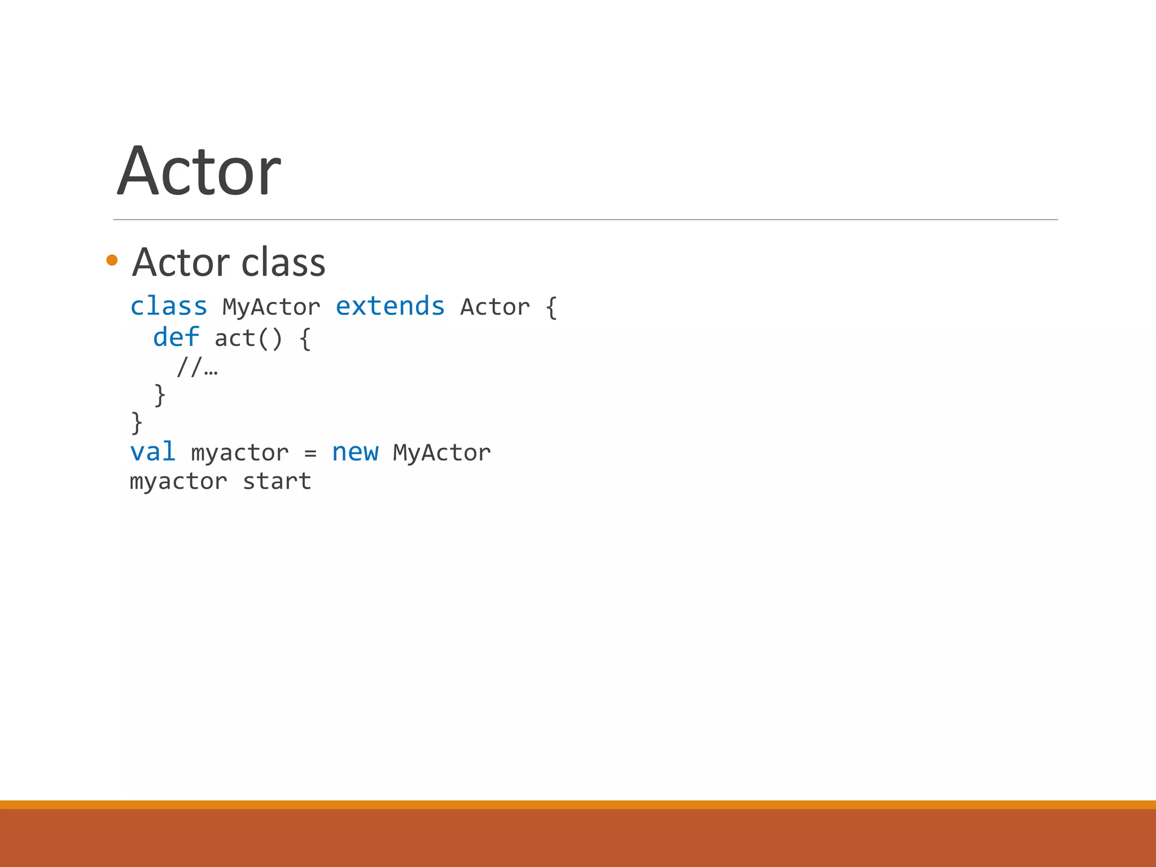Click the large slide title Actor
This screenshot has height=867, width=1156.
(199, 171)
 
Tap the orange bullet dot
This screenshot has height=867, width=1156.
(112, 260)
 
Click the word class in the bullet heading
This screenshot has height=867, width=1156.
(283, 262)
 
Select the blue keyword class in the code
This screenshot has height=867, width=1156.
(169, 306)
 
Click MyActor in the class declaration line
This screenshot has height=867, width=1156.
(271, 308)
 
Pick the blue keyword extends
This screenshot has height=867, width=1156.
(390, 306)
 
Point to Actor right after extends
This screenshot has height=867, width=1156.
(495, 308)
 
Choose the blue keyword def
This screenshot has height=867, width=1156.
(176, 338)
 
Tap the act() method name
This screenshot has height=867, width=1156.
(248, 339)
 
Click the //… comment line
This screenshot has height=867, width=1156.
(197, 368)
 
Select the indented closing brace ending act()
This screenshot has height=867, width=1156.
(160, 395)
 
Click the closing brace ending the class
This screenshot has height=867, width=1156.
(137, 423)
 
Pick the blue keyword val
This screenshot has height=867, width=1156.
(152, 452)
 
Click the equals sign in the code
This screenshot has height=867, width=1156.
(310, 453)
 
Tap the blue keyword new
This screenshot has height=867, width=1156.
(355, 452)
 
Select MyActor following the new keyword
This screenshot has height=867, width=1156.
(441, 453)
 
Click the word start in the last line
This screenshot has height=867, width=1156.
(277, 481)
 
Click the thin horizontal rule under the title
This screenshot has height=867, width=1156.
(585, 220)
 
